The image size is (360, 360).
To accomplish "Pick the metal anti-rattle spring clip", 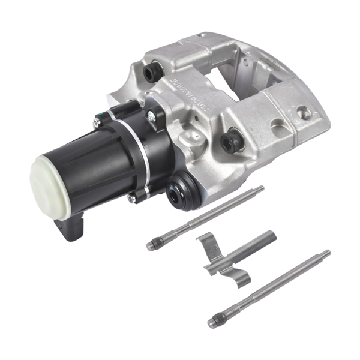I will pos(234,255).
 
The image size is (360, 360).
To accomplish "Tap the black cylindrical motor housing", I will pos(90,159).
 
